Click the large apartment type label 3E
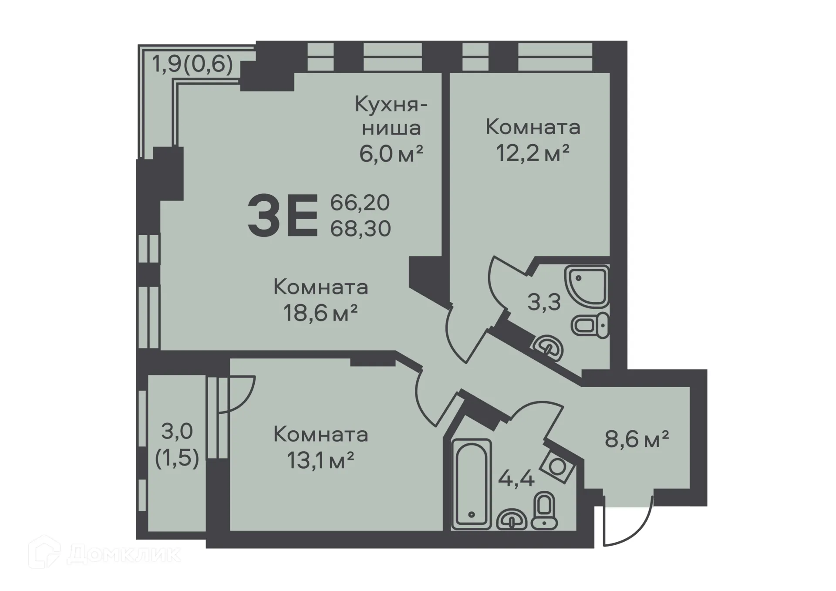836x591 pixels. [x=283, y=216]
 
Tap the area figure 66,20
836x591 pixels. [x=360, y=203]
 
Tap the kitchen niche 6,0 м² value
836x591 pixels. [x=391, y=153]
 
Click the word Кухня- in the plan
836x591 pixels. [x=391, y=105]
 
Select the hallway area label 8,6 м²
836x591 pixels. [x=637, y=439]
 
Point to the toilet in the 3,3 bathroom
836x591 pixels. [x=590, y=325]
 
